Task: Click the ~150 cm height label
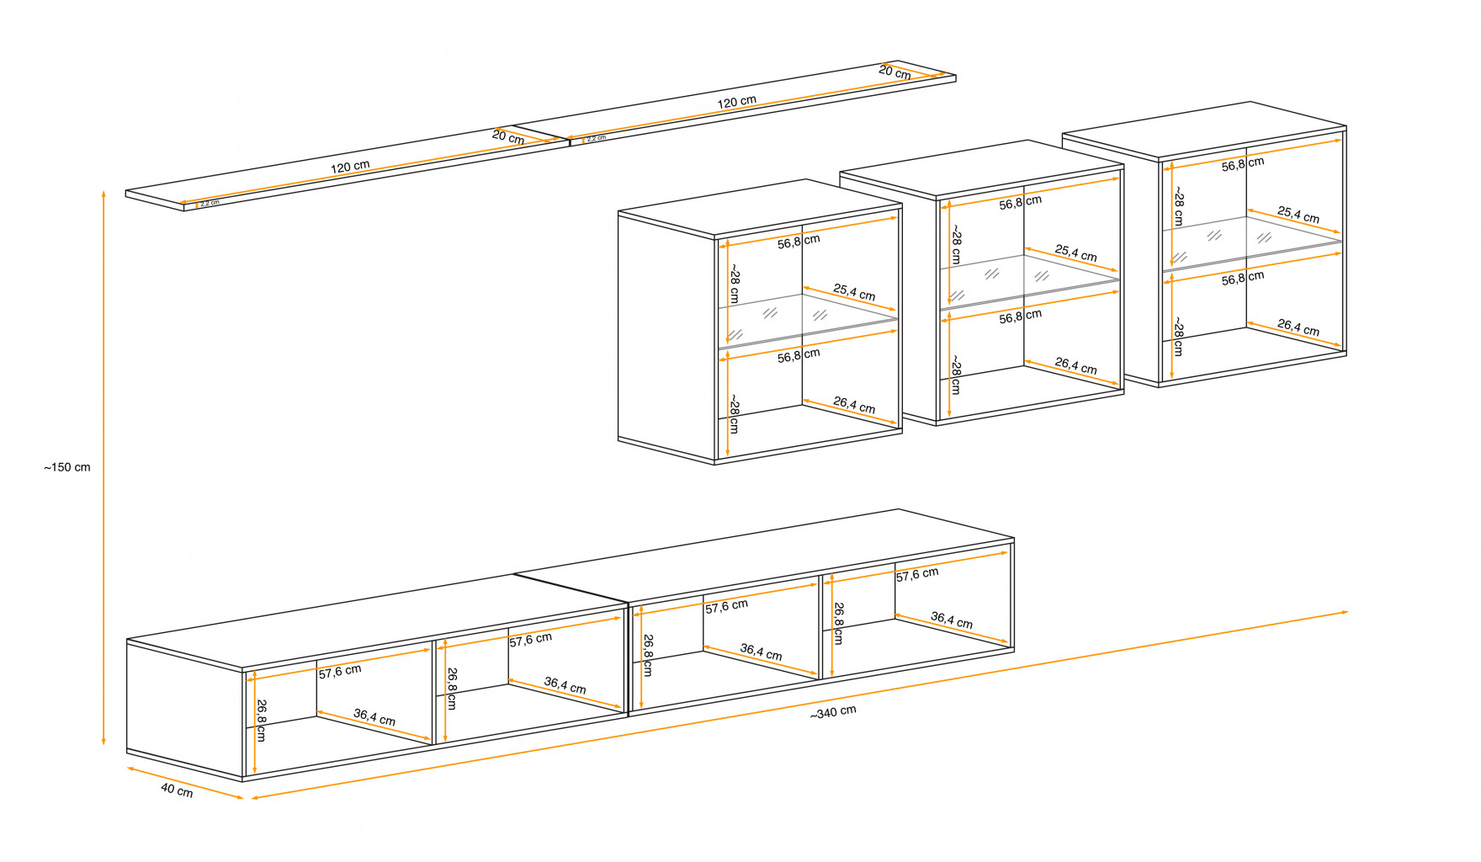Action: (67, 467)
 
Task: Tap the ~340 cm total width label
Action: (833, 712)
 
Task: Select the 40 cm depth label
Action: (177, 791)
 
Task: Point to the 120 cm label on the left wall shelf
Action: (350, 167)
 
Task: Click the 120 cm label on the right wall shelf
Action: (736, 102)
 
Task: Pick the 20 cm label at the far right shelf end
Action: (894, 72)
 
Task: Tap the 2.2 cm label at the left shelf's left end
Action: (210, 203)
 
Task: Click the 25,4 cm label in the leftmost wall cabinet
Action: (854, 292)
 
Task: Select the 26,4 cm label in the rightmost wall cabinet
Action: (1298, 327)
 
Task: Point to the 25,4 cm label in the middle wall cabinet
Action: (1075, 253)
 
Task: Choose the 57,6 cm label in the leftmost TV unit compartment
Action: (340, 671)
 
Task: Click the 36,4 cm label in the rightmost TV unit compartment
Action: (951, 620)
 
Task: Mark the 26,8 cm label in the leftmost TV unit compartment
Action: (262, 721)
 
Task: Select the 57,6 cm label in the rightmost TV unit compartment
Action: (916, 574)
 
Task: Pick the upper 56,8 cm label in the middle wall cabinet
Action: (1020, 202)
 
